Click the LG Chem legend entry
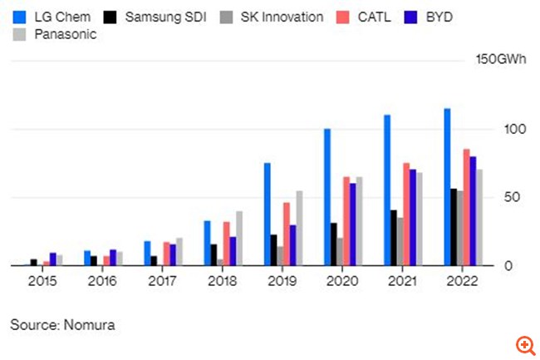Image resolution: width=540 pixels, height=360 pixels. (x=52, y=17)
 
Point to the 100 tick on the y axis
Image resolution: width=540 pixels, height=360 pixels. (x=514, y=130)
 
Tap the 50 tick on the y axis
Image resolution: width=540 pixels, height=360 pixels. (x=511, y=198)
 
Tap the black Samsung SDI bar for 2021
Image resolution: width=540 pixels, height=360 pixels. (x=393, y=238)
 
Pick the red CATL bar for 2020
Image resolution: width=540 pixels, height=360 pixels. (x=346, y=221)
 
